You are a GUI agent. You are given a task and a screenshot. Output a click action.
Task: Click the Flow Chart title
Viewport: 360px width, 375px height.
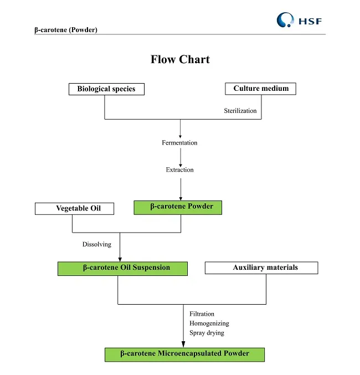click(x=180, y=59)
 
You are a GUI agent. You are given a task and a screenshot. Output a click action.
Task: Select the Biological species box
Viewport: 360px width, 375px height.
click(x=106, y=89)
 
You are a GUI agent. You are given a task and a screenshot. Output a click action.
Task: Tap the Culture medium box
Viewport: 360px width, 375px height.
click(x=260, y=89)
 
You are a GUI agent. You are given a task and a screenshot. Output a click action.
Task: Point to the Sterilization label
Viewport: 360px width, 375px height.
click(x=240, y=111)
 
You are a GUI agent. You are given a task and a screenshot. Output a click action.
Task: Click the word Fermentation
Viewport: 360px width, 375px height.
click(x=179, y=143)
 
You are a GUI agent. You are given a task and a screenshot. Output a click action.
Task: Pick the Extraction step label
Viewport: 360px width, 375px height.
click(x=179, y=170)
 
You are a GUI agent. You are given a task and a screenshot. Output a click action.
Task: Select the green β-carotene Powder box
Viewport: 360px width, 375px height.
click(x=178, y=207)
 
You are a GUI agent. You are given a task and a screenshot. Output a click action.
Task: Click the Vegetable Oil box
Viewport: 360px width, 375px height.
click(x=75, y=209)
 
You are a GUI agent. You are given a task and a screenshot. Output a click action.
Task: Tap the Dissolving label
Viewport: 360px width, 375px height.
click(x=97, y=244)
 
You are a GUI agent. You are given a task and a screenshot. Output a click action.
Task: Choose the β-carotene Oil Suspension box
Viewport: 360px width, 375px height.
click(x=122, y=268)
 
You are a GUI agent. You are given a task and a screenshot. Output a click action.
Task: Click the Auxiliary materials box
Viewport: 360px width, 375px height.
click(x=261, y=268)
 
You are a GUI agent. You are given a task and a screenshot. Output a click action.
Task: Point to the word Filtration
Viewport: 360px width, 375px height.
click(x=202, y=314)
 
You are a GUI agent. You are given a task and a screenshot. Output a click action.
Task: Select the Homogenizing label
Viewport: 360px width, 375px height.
click(x=209, y=323)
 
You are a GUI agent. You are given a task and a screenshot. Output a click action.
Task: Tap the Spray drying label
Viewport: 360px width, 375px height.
click(x=207, y=333)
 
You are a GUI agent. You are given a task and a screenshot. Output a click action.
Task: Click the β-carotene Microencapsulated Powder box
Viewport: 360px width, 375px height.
click(x=184, y=354)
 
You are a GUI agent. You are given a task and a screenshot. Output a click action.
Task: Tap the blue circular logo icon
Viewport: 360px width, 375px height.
click(x=286, y=20)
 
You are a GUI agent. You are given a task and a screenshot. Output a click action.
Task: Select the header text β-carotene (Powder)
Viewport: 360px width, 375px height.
click(x=66, y=30)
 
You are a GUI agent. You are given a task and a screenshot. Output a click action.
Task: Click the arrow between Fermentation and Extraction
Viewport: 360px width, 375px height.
click(x=181, y=156)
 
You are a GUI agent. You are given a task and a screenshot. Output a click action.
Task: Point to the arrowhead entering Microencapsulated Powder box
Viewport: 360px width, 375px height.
click(x=183, y=344)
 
